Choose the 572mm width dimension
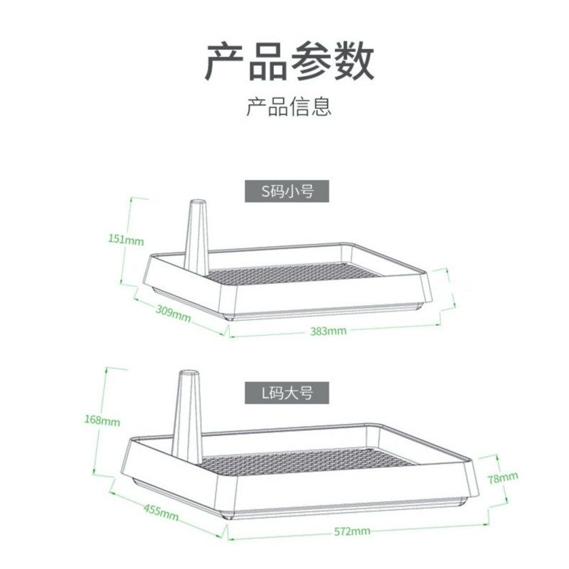[351, 531]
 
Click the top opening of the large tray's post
[188, 373]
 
